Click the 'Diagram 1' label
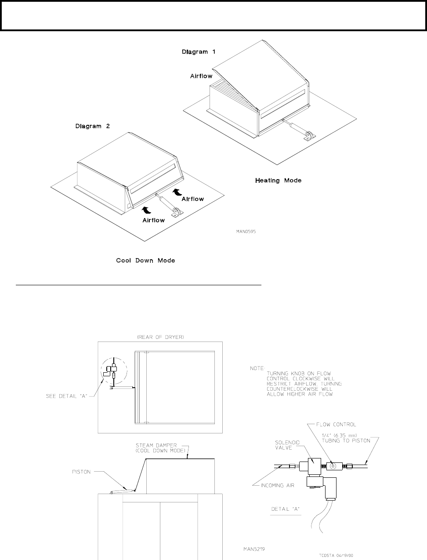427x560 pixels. tap(199, 52)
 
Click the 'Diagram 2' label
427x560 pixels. tap(92, 126)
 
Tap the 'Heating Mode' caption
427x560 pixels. tap(278, 181)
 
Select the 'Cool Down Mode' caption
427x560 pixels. tap(145, 261)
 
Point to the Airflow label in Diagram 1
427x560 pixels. tap(201, 76)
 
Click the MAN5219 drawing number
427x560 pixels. tap(254, 549)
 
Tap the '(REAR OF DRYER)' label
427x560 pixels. tap(160, 337)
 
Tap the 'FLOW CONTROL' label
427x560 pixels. tap(337, 425)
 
